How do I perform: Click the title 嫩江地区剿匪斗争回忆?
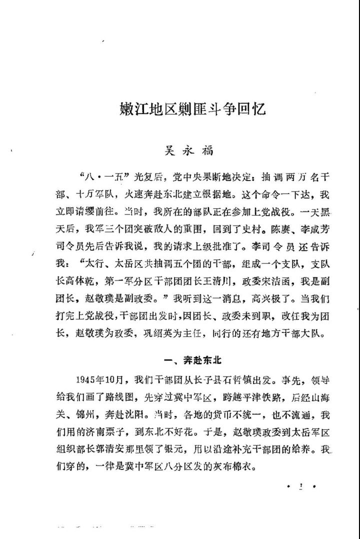pos(192,108)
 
